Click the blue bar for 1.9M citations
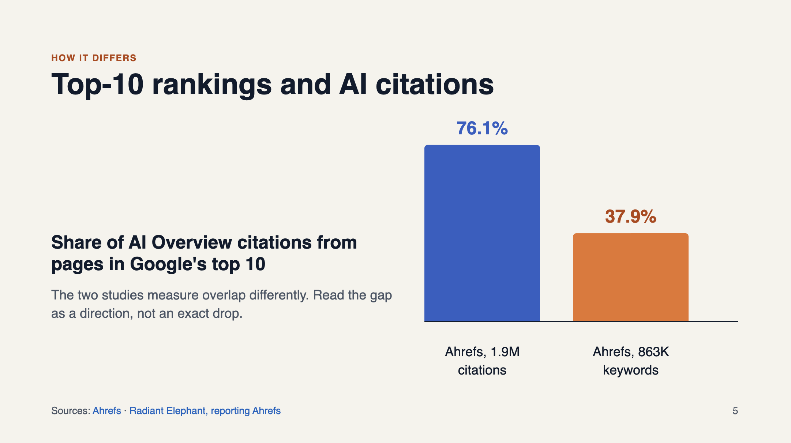(482, 233)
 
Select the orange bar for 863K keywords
(631, 277)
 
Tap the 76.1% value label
(482, 129)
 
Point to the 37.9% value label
(631, 216)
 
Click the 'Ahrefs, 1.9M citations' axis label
(482, 361)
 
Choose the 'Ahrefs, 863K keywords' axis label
(631, 361)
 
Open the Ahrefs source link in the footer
(107, 411)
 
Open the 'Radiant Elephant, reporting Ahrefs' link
(205, 411)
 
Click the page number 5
(735, 411)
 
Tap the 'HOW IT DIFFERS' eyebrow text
(94, 58)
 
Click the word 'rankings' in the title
(212, 85)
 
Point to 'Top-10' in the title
(97, 85)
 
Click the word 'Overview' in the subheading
(192, 242)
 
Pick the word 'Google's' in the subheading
(168, 264)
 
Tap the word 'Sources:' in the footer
(71, 411)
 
